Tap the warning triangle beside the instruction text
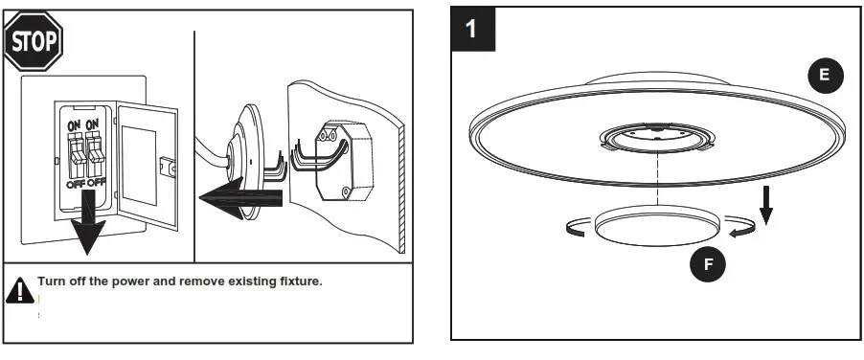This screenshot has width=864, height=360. click(19, 290)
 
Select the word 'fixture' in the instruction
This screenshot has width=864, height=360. click(293, 282)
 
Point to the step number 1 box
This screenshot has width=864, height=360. click(471, 29)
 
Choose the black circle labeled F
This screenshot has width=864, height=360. click(709, 264)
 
